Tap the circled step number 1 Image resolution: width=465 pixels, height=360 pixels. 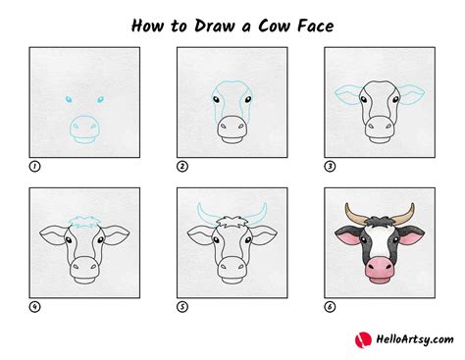pos(35,166)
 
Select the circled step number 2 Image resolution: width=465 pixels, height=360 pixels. pos(181,166)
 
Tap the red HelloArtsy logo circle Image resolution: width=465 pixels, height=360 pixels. pos(361,337)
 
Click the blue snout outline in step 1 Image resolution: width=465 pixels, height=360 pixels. pos(84,129)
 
